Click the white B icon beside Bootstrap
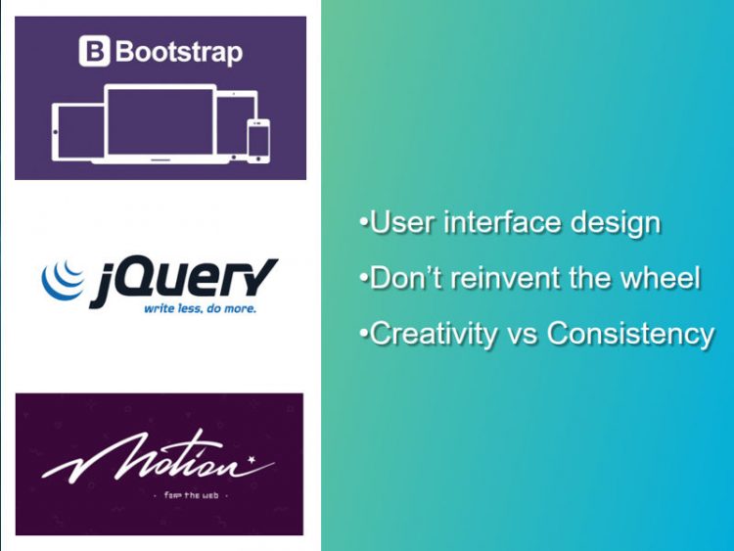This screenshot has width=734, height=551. (x=94, y=51)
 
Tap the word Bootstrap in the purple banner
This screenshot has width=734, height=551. (x=179, y=52)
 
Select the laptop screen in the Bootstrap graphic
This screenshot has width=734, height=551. (x=161, y=121)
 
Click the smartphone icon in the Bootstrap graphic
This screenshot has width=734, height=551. (x=258, y=141)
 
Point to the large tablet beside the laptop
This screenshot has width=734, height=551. (x=77, y=132)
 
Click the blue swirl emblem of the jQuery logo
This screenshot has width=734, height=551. (x=63, y=280)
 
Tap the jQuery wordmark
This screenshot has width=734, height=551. (x=184, y=282)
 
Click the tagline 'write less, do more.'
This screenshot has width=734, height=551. (x=200, y=308)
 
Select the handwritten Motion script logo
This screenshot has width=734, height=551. (x=159, y=457)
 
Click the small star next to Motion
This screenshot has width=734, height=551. (x=252, y=459)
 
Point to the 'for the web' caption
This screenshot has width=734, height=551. (x=191, y=495)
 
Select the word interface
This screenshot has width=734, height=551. (x=501, y=222)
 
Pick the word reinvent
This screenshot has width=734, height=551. (x=505, y=278)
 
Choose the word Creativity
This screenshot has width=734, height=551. (x=433, y=335)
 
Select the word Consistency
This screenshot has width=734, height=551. (x=630, y=335)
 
